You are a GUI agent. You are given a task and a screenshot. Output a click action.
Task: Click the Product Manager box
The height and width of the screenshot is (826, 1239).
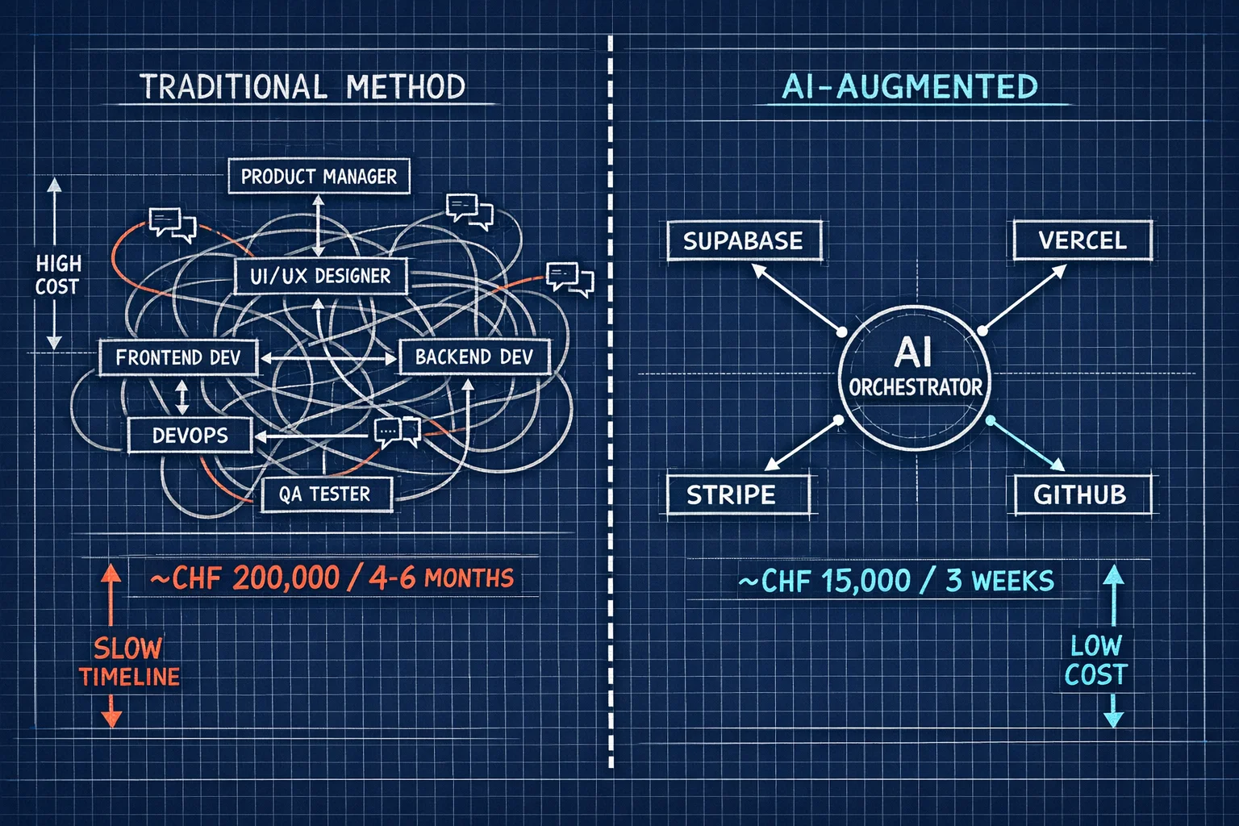[319, 176]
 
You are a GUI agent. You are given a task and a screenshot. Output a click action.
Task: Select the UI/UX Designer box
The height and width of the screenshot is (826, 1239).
[320, 276]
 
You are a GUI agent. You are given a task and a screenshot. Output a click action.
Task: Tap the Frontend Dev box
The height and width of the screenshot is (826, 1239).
[178, 357]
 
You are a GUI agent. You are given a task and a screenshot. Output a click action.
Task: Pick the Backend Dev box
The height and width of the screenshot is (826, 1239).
[474, 357]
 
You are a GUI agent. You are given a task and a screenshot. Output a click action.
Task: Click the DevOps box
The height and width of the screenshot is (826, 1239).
[190, 436]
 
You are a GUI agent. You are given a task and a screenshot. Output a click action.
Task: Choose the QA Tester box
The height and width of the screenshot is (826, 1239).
[327, 494]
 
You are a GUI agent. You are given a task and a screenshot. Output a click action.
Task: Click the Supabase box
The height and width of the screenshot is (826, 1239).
[744, 240]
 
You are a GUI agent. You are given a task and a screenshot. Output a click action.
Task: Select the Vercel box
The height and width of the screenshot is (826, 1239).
[1083, 240]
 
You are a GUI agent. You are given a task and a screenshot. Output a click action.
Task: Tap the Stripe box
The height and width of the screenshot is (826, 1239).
[738, 494]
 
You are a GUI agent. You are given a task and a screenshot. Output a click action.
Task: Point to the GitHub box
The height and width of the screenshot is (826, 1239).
[1083, 494]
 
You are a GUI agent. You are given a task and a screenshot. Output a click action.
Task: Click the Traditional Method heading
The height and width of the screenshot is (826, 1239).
[302, 86]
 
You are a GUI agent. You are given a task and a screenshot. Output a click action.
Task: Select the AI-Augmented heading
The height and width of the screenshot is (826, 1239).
[910, 86]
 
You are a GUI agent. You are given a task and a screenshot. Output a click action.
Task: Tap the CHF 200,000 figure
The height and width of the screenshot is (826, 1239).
[245, 578]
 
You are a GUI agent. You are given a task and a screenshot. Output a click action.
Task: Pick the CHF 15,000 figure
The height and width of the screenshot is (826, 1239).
[824, 581]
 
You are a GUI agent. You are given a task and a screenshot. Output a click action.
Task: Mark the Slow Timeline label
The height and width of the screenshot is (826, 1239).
[129, 662]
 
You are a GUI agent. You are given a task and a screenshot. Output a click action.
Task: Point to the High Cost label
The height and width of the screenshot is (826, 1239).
[59, 275]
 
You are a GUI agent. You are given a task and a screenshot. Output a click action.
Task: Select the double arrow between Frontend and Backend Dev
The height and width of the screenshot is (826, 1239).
[328, 358]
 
